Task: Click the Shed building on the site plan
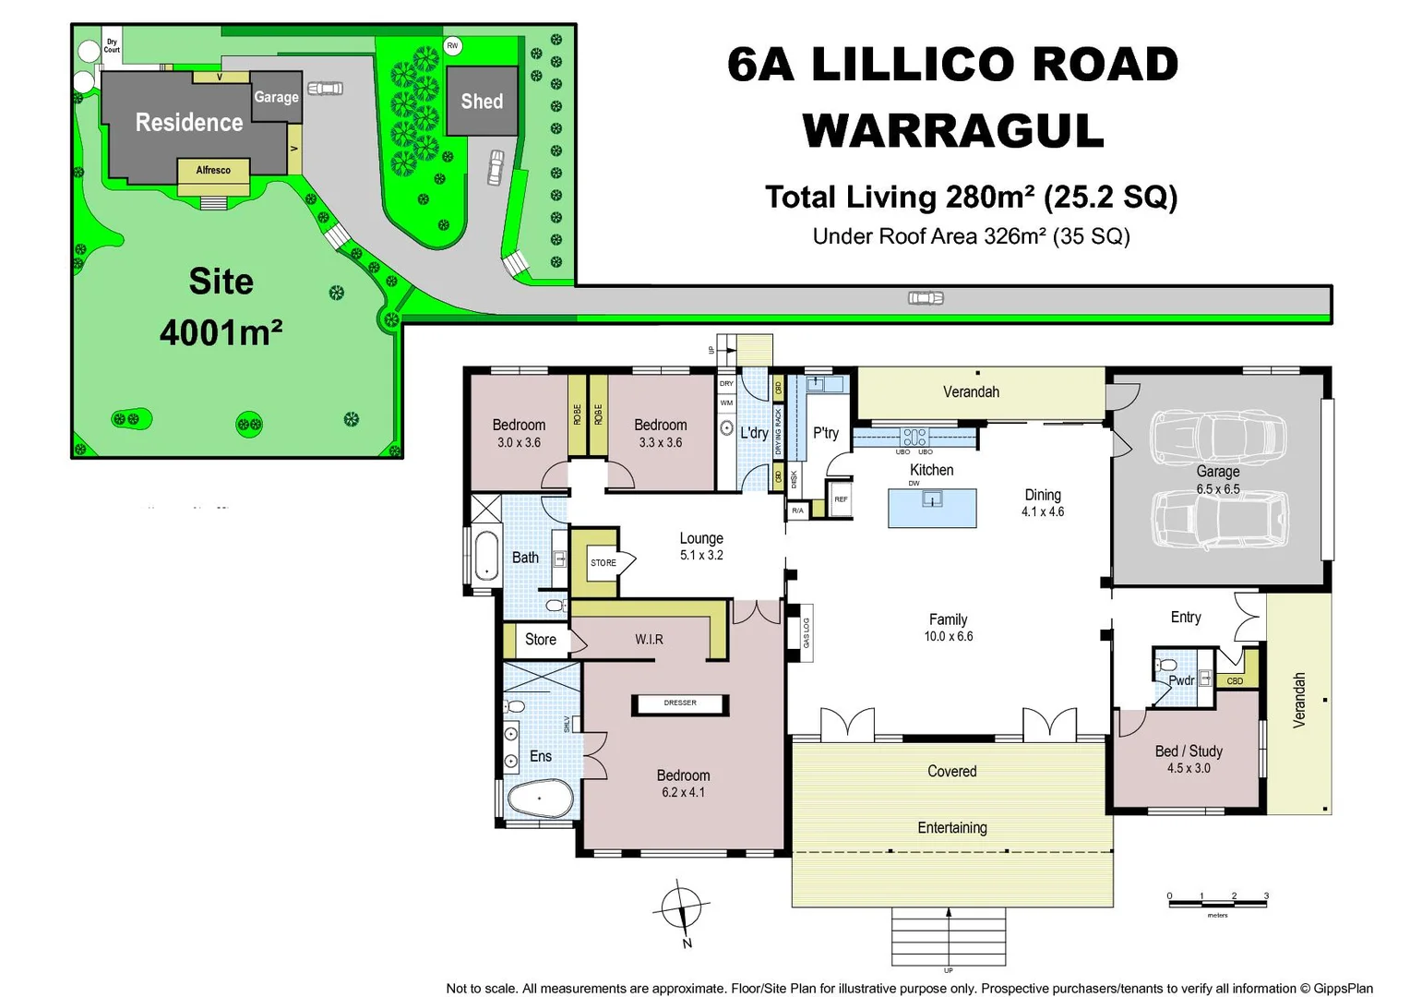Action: pos(482,101)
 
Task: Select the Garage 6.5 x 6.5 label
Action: pos(1218,479)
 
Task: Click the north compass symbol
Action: pos(682,910)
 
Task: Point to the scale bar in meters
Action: pos(1217,902)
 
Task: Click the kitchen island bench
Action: pos(932,508)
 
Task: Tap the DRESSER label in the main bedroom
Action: pos(680,703)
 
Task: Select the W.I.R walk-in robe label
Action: pos(649,639)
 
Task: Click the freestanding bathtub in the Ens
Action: pos(541,799)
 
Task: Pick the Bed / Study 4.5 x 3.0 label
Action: pos(1189,759)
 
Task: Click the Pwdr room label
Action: pos(1181,680)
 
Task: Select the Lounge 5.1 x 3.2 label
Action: pos(701,546)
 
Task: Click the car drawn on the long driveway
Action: pos(926,297)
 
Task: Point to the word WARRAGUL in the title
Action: pos(953,130)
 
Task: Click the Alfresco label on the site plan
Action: pos(213,170)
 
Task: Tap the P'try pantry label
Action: pos(825,433)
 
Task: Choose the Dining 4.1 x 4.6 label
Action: pos(1043,502)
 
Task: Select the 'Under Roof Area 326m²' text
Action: pos(971,236)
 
